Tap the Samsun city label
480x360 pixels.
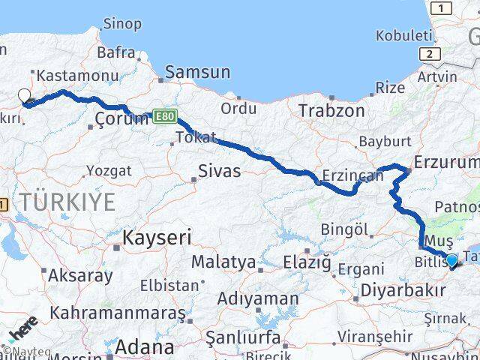pos(197,73)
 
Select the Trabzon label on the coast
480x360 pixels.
pos(331,111)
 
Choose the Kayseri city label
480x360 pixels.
pos(157,238)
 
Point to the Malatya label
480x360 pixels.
pos(223,262)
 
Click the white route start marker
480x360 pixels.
pos(24,97)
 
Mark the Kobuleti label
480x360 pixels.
pos(404,35)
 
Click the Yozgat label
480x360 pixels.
pos(109,171)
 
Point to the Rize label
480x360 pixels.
pos(390,88)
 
